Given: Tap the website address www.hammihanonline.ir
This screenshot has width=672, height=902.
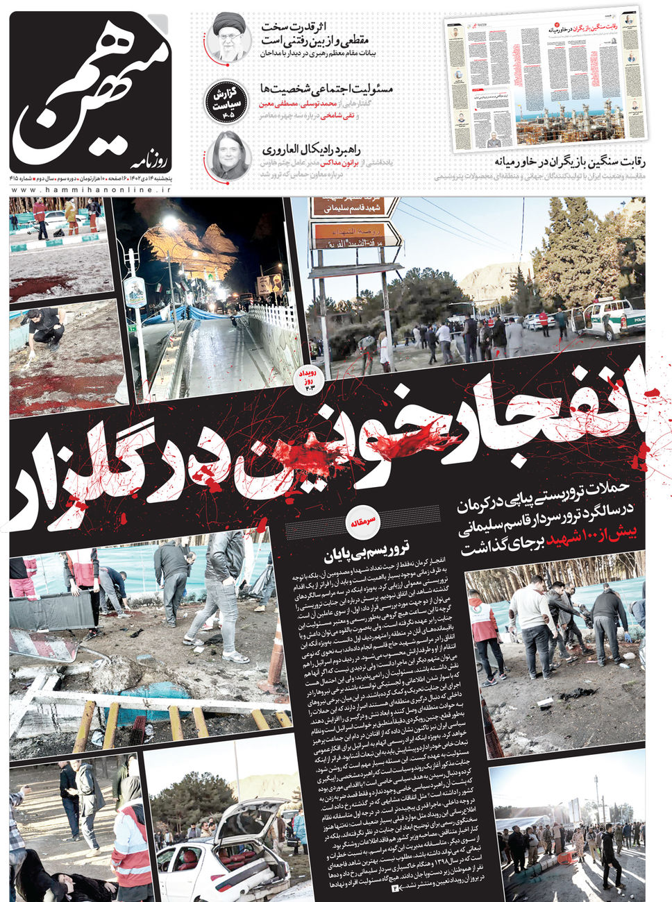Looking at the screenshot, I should [90, 189].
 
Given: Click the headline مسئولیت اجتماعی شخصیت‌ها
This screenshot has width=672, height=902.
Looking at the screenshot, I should [326, 89].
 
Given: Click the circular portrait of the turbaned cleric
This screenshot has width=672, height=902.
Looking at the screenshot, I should [228, 37].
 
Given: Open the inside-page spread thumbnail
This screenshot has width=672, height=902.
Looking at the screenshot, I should [545, 80].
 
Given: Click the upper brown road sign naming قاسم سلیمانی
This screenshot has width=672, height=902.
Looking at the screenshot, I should [353, 207].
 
